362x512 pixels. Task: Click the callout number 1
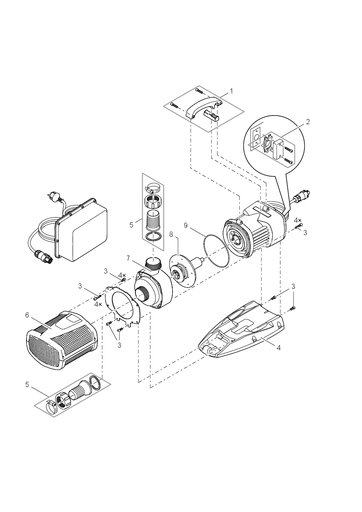[x=231, y=91]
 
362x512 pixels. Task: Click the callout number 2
[x=308, y=122]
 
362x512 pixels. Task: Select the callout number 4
[x=278, y=348]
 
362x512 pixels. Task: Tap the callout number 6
[x=27, y=315]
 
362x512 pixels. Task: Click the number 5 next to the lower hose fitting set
[x=27, y=384]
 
